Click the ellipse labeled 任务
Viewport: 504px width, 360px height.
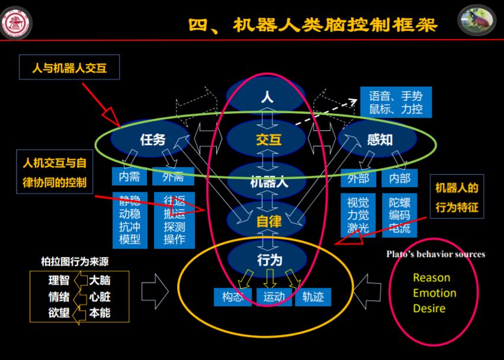coord(152,140)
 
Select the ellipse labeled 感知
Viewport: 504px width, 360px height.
coord(380,140)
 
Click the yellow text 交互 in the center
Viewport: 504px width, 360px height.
coord(268,140)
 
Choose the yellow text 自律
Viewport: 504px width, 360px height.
coord(268,221)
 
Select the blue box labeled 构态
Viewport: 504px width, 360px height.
coord(233,297)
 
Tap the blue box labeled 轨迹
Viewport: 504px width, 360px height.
coord(313,297)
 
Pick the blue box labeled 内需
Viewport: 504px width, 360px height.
coord(129,177)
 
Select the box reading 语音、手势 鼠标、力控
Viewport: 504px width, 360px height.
coord(396,102)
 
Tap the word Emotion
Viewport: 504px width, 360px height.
coord(435,293)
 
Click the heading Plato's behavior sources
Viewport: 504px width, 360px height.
coord(435,254)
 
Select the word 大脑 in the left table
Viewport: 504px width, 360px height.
coord(99,280)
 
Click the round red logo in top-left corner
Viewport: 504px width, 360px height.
coord(17,23)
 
